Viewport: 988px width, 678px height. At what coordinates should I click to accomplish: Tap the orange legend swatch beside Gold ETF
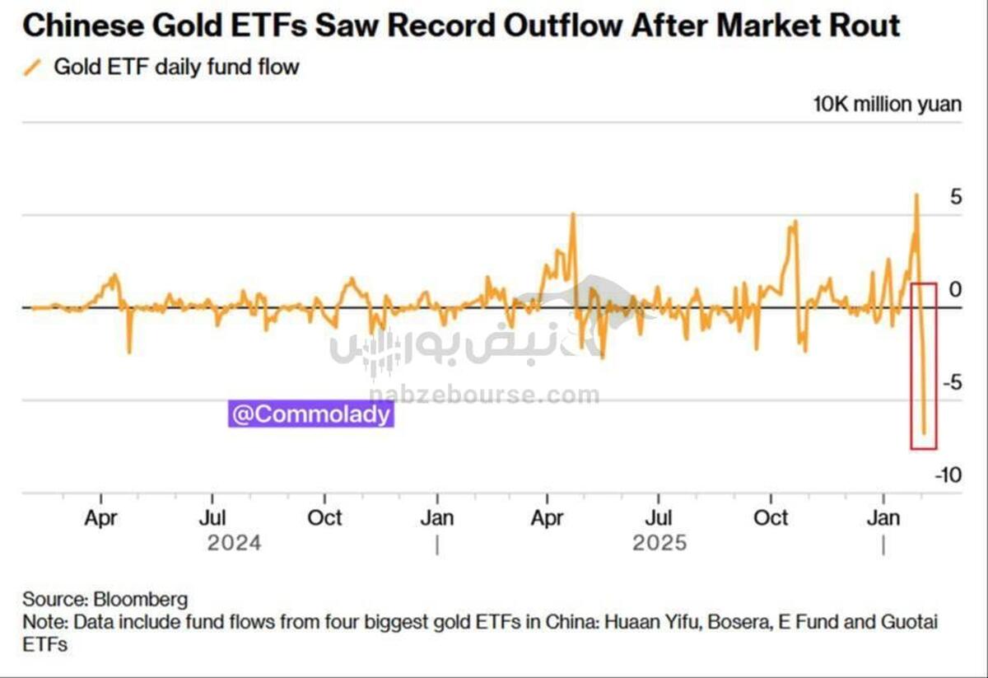click(33, 68)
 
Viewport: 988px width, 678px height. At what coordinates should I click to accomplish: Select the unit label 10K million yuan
click(887, 105)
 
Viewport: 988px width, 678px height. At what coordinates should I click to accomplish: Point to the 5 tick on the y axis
click(955, 198)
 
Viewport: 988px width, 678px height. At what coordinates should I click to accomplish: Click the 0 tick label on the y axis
click(955, 290)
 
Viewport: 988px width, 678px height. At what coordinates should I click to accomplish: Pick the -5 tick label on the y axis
click(951, 383)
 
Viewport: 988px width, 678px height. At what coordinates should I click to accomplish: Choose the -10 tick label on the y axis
click(948, 475)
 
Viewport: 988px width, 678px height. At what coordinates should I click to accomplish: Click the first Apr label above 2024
click(101, 518)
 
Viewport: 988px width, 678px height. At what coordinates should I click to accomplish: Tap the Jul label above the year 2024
click(213, 518)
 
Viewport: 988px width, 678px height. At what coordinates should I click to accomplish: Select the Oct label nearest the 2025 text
click(771, 518)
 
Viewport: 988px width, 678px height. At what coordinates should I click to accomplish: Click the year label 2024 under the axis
click(235, 544)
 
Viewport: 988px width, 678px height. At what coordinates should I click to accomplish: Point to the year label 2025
click(659, 544)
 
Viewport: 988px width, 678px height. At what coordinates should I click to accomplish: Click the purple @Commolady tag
click(311, 414)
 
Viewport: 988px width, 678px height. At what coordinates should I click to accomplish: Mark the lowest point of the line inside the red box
click(924, 433)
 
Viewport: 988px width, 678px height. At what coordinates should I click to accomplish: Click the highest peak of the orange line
click(916, 194)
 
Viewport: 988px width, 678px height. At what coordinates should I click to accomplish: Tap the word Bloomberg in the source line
click(141, 599)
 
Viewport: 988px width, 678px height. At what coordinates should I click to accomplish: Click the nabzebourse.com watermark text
click(484, 396)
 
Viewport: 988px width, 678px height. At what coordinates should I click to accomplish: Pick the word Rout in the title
click(867, 26)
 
